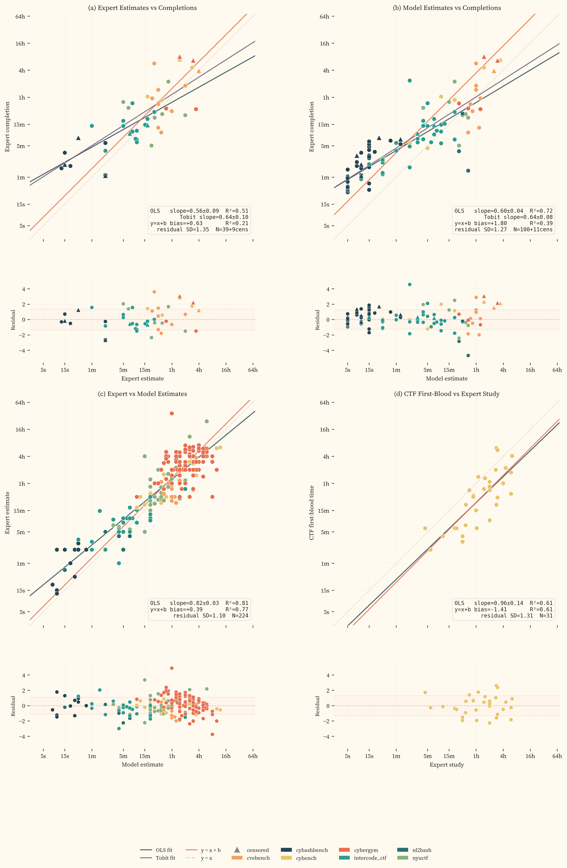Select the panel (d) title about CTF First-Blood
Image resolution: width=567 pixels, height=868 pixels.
tap(447, 394)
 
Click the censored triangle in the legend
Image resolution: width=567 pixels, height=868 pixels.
tap(237, 850)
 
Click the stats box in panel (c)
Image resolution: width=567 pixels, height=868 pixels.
tap(199, 609)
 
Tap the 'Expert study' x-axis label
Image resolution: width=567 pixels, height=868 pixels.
tap(447, 765)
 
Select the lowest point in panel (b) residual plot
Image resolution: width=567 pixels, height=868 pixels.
tap(468, 355)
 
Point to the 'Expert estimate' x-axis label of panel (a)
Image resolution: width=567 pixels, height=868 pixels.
tap(142, 379)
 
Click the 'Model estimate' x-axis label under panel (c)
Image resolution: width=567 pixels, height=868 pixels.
tap(142, 765)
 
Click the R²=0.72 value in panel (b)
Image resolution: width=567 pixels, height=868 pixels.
tap(541, 211)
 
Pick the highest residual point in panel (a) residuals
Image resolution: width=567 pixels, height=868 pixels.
tap(154, 292)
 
